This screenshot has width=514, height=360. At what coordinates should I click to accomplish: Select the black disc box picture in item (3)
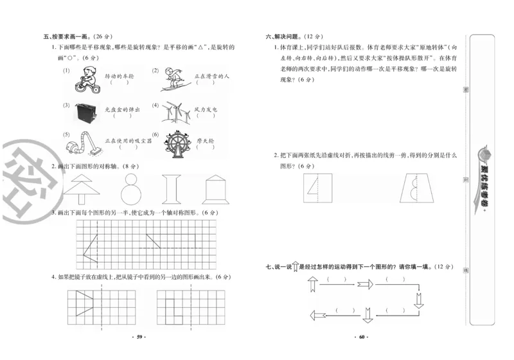(85, 113)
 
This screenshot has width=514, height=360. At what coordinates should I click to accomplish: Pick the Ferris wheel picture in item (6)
(175, 145)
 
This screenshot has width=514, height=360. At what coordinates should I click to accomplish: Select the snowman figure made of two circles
(131, 189)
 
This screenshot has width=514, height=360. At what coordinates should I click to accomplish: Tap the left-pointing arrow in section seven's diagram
(319, 315)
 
